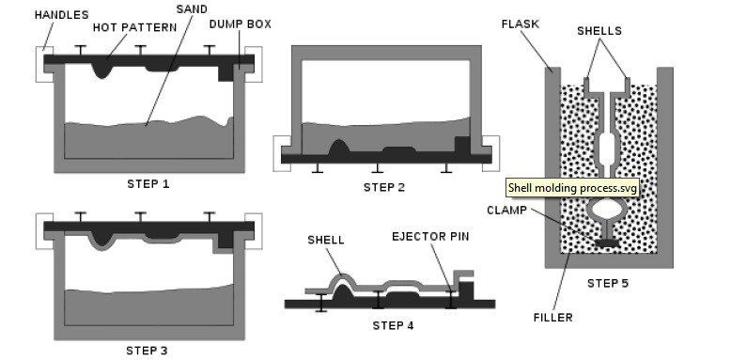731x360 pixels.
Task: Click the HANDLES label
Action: tap(61, 15)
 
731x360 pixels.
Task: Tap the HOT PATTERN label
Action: tap(134, 27)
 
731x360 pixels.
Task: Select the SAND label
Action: tap(192, 8)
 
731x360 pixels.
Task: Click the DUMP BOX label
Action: tap(241, 24)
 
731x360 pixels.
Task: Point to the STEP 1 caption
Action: tap(148, 184)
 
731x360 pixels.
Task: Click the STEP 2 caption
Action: tap(384, 187)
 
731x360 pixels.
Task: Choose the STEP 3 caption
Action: tap(147, 351)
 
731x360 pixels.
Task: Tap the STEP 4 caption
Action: tap(393, 325)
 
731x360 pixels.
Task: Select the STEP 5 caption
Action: tap(608, 283)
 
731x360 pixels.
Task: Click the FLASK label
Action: tap(521, 24)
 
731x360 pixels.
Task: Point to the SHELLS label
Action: tap(599, 31)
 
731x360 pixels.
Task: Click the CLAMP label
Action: tap(506, 211)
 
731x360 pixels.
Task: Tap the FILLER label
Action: tap(552, 318)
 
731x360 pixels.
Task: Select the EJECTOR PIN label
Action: tap(430, 237)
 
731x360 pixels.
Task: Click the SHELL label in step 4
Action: tap(326, 240)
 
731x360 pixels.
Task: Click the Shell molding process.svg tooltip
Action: tap(572, 188)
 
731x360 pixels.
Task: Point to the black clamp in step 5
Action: tap(608, 243)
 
